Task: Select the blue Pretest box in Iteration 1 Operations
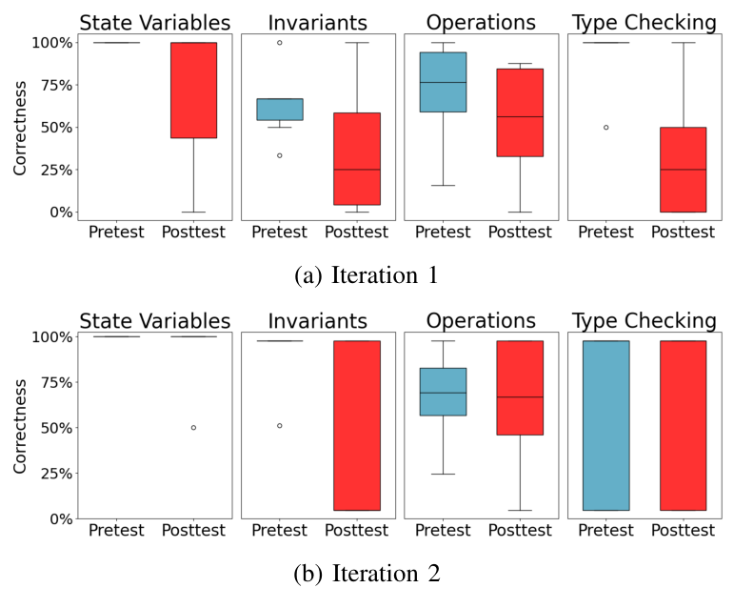click(x=443, y=82)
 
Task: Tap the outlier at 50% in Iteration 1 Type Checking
click(x=605, y=127)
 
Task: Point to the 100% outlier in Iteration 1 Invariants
click(x=279, y=43)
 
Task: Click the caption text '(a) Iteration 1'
click(x=367, y=277)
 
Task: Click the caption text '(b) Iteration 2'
click(x=367, y=574)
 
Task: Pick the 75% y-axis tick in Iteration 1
click(x=51, y=85)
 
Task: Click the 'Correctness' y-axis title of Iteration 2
click(x=20, y=428)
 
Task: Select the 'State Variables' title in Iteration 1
click(x=154, y=22)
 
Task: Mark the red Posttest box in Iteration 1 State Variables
click(x=193, y=91)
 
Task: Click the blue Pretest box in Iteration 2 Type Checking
click(x=605, y=425)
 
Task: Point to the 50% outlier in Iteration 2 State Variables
click(x=193, y=428)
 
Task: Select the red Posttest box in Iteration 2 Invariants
click(x=357, y=425)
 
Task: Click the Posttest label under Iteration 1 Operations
click(x=520, y=232)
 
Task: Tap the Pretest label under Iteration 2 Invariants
click(x=279, y=531)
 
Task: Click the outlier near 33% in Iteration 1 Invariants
click(x=279, y=155)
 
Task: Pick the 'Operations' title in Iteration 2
click(x=481, y=321)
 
